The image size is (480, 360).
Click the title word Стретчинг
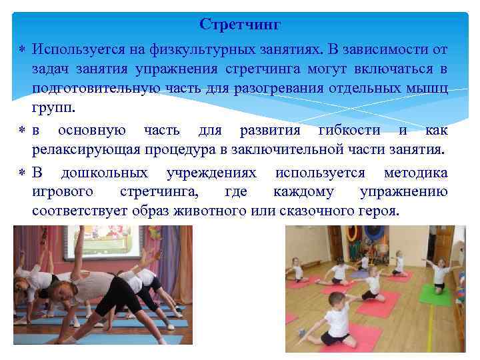point(240,25)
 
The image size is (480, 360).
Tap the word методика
point(415,173)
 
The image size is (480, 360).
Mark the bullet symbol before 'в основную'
point(23,130)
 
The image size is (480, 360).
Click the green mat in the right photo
point(434,295)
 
